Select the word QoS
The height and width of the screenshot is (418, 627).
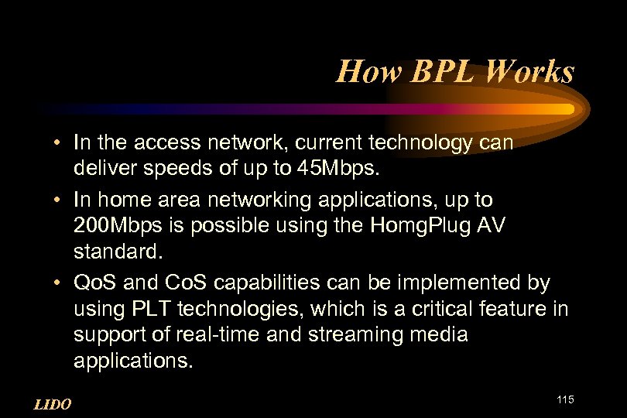92,283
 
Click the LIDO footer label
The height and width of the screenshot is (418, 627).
53,404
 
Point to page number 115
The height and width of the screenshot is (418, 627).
564,399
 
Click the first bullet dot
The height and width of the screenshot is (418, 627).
59,143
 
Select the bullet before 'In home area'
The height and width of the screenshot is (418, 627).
59,200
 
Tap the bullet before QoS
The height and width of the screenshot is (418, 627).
59,283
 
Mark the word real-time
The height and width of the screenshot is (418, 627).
228,334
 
